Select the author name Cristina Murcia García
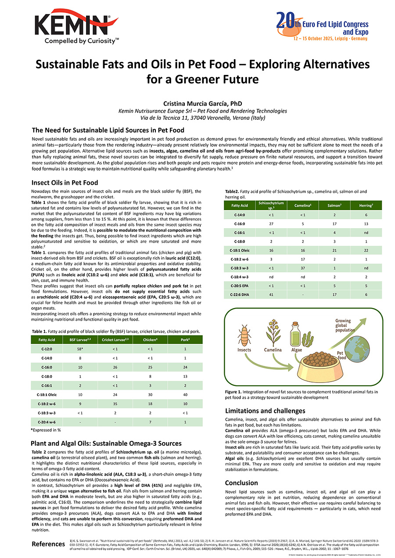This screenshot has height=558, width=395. pos(197,104)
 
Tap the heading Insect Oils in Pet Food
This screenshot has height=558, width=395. pos(65,182)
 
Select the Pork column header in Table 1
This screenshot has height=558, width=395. pos(185,340)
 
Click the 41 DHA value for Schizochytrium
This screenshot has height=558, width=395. pos(271,295)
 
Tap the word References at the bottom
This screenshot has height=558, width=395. pos(48,544)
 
